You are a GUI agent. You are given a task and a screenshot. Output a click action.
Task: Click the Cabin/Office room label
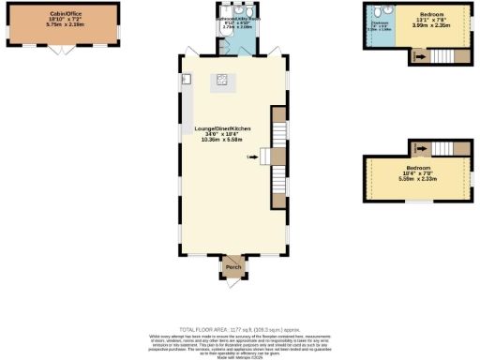[x=64, y=12]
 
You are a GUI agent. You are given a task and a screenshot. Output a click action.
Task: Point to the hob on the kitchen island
[x=223, y=80]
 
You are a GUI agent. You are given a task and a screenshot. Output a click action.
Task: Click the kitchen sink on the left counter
[x=187, y=79]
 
